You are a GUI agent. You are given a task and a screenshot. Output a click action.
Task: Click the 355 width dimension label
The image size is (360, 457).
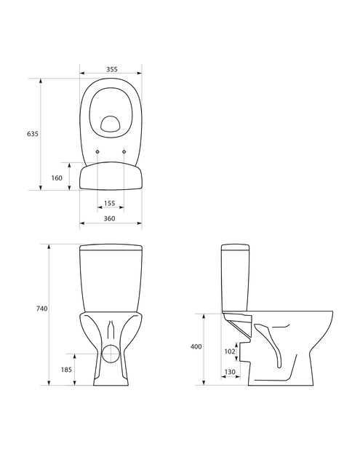(111, 69)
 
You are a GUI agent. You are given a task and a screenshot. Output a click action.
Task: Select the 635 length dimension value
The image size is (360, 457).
(33, 134)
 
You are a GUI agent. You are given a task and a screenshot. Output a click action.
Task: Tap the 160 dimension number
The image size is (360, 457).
(57, 178)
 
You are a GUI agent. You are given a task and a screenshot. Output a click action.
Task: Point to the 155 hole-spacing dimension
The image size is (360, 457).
(110, 203)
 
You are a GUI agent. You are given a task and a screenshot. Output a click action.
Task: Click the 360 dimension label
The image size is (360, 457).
(110, 218)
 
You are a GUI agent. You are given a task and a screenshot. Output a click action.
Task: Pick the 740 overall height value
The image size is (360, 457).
(41, 309)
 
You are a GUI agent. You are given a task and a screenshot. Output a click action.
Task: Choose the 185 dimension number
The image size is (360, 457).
(66, 370)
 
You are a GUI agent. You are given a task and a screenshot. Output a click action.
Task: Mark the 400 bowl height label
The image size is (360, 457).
(196, 347)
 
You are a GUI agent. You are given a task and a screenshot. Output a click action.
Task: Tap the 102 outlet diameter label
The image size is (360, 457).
(230, 351)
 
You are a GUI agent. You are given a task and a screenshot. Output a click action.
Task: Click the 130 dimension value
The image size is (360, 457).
(230, 372)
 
